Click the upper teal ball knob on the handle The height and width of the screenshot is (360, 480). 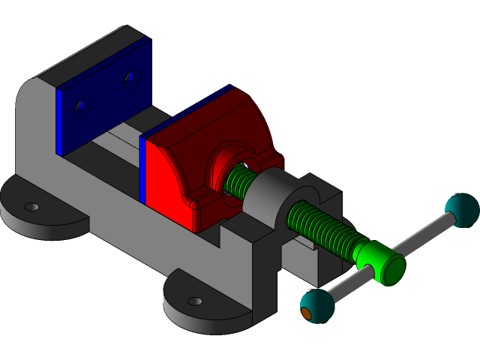tap(461, 209)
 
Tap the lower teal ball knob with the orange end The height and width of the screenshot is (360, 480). tap(318, 306)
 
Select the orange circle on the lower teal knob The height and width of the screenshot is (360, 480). tap(306, 314)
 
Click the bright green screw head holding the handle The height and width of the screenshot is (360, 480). tap(382, 263)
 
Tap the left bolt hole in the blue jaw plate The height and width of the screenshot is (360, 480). tap(81, 107)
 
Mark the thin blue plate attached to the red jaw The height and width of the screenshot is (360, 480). tap(142, 169)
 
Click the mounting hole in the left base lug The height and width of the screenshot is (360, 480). tap(31, 206)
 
